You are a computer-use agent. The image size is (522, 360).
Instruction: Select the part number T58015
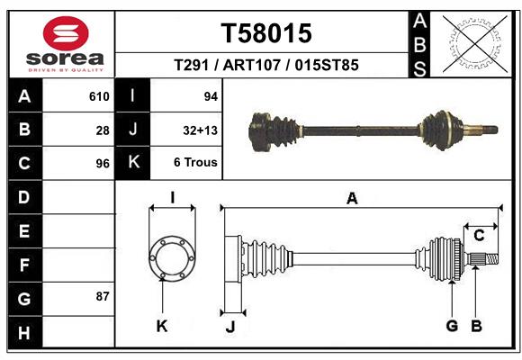click(266, 33)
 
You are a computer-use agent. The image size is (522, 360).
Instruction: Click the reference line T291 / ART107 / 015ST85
click(266, 65)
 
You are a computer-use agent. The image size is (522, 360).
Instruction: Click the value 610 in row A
click(99, 96)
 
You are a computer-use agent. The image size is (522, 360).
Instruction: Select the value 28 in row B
click(103, 130)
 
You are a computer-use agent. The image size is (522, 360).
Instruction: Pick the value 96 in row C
click(103, 164)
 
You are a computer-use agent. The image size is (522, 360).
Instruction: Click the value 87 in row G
click(103, 296)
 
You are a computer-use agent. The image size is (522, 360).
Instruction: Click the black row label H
click(24, 333)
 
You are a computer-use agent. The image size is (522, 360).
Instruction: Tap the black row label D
click(24, 197)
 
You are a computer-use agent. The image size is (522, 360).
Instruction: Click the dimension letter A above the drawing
click(352, 199)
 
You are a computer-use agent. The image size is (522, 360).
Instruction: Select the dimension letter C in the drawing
click(480, 236)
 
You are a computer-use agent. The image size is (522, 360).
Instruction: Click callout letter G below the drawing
click(453, 326)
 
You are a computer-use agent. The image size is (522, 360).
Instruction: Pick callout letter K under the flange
click(162, 326)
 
